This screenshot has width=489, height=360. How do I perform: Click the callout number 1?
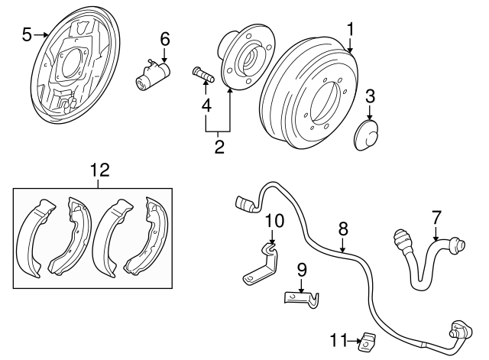[350, 30]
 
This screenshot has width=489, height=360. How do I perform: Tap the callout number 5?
[28, 34]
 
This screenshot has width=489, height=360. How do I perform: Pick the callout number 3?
[370, 96]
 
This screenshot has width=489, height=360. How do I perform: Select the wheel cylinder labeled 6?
[154, 75]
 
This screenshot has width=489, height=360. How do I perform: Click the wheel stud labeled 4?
[202, 74]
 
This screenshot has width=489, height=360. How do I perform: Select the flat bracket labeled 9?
[301, 300]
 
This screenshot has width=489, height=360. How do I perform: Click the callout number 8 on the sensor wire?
[343, 227]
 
